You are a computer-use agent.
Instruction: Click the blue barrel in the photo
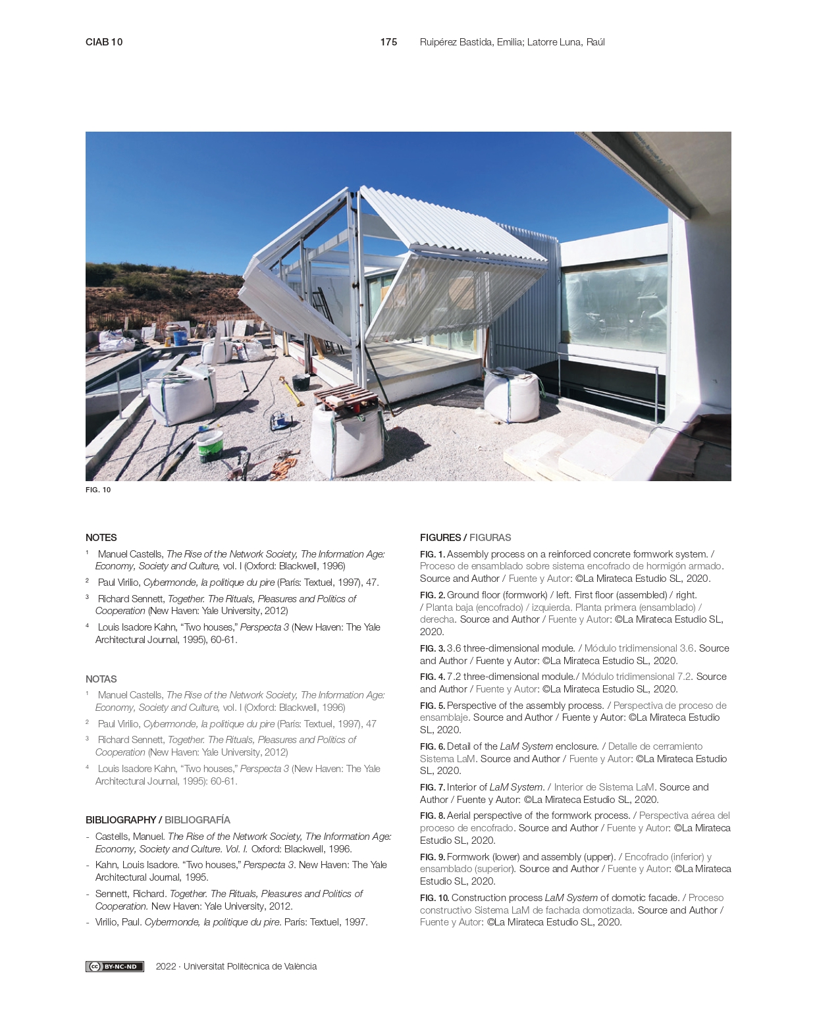(x=180, y=337)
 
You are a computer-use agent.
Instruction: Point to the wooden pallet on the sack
(x=346, y=398)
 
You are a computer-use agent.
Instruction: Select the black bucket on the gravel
(x=301, y=382)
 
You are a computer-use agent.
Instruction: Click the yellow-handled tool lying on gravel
(x=292, y=391)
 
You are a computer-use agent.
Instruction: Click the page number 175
(x=388, y=42)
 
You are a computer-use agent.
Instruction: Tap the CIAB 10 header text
(x=104, y=42)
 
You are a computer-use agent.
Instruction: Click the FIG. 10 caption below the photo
(x=98, y=490)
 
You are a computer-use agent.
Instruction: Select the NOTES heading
(x=101, y=538)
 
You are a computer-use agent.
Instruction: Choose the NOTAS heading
(x=101, y=679)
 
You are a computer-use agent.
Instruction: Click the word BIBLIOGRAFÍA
(x=198, y=820)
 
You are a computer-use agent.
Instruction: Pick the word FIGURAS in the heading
(x=490, y=538)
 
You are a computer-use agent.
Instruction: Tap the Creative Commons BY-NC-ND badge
(x=115, y=966)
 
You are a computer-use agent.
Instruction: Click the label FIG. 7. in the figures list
(x=433, y=787)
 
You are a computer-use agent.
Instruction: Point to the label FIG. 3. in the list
(x=433, y=648)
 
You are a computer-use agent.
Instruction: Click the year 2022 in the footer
(x=166, y=966)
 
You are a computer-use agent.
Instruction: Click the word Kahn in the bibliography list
(x=106, y=865)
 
